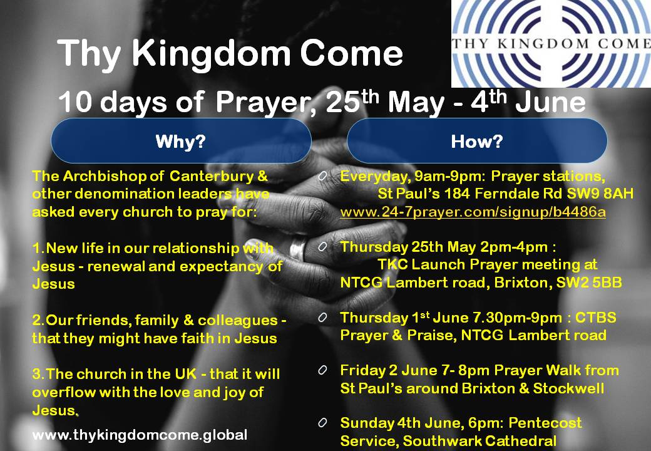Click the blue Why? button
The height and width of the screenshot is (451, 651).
[x=181, y=141]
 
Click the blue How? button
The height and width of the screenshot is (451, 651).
[x=477, y=141]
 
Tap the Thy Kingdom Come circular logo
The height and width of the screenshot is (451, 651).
[x=551, y=44]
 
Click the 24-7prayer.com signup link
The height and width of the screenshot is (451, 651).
[x=473, y=212]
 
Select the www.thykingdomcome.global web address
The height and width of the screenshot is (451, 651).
[x=140, y=435]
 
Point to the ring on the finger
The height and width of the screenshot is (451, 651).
[x=298, y=249]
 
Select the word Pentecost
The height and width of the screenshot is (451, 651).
[x=545, y=423]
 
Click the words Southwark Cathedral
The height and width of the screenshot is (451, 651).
[x=479, y=440]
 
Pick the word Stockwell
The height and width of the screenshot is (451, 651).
[x=569, y=388]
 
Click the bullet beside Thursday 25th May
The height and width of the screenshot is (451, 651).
[x=322, y=247]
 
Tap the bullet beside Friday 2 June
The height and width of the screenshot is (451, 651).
[x=322, y=370]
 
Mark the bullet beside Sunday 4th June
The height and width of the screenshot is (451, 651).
[x=322, y=423]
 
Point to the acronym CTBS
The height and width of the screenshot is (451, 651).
[x=595, y=318]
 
